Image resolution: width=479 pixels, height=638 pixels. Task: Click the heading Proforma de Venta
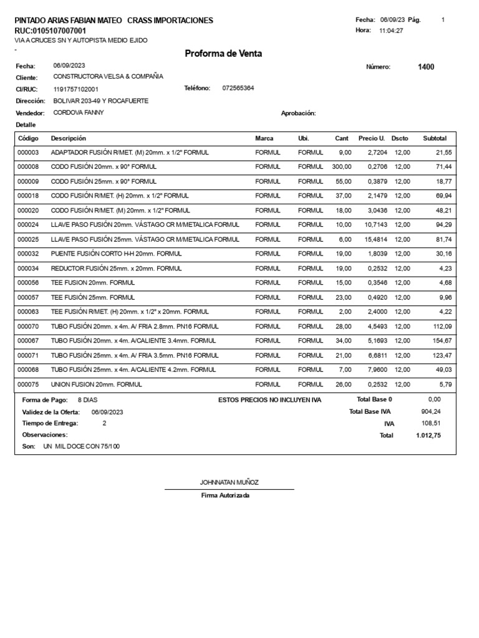[223, 54]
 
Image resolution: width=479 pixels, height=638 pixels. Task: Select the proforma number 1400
[426, 67]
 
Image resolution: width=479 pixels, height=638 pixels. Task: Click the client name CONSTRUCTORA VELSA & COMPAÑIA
[108, 77]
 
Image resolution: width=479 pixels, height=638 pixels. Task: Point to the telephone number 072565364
[238, 88]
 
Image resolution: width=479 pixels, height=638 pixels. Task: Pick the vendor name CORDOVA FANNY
[79, 113]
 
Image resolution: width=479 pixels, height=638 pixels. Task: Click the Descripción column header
[68, 138]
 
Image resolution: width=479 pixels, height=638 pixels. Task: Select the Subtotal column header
[435, 138]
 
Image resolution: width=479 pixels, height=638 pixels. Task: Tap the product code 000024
[28, 225]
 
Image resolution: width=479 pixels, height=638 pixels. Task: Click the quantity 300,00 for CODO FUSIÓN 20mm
[341, 167]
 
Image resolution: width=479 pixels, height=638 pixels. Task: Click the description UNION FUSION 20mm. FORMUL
[96, 384]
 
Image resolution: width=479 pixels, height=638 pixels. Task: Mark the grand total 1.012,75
[428, 436]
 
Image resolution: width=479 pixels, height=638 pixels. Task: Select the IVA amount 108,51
[431, 424]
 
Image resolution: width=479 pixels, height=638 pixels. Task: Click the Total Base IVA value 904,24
[431, 412]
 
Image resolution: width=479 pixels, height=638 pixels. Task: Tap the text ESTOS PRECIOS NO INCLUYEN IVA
[269, 400]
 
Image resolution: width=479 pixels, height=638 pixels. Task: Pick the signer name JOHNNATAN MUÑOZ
[229, 482]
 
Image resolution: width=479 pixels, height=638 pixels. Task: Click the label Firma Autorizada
[225, 495]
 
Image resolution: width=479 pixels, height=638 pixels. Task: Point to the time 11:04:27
[391, 31]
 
